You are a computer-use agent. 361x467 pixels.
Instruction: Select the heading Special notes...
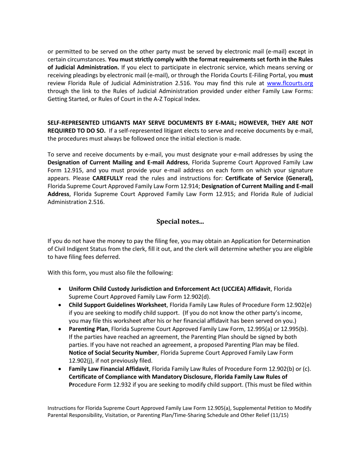pos(180,221)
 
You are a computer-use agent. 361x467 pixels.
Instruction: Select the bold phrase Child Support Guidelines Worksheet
pos(117,305)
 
